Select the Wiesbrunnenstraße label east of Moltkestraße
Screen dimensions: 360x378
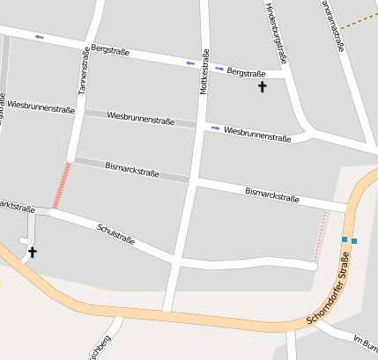pyautogui.click(x=257, y=134)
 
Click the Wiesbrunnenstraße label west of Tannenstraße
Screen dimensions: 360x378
pyautogui.click(x=41, y=107)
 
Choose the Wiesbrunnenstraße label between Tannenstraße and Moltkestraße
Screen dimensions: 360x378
pyautogui.click(x=141, y=116)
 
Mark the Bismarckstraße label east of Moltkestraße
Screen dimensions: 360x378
pyautogui.click(x=272, y=195)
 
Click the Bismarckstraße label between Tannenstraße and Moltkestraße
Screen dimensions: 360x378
pyautogui.click(x=132, y=167)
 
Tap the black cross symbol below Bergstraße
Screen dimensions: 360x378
pyautogui.click(x=261, y=87)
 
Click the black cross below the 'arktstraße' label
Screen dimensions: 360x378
pyautogui.click(x=32, y=253)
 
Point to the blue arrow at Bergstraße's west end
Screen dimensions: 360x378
pyautogui.click(x=40, y=37)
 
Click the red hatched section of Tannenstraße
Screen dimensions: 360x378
pyautogui.click(x=62, y=185)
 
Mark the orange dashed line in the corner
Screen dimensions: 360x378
pyautogui.click(x=356, y=19)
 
